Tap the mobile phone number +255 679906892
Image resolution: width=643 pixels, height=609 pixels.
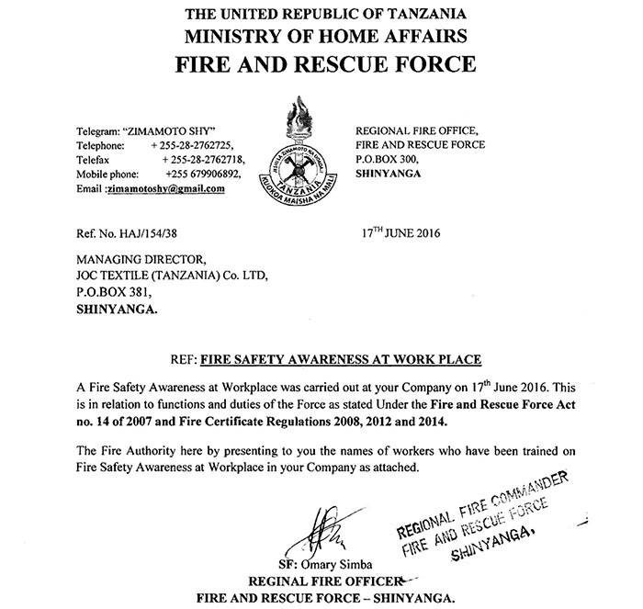pos(203,174)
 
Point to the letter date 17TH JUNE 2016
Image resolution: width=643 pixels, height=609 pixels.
pos(401,233)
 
